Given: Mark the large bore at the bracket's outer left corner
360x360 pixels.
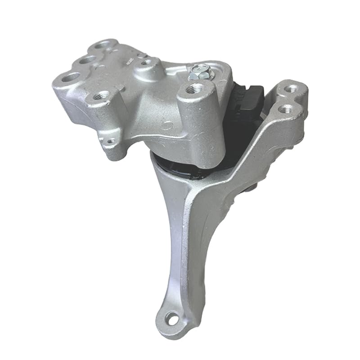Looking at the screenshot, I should click(x=70, y=78).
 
